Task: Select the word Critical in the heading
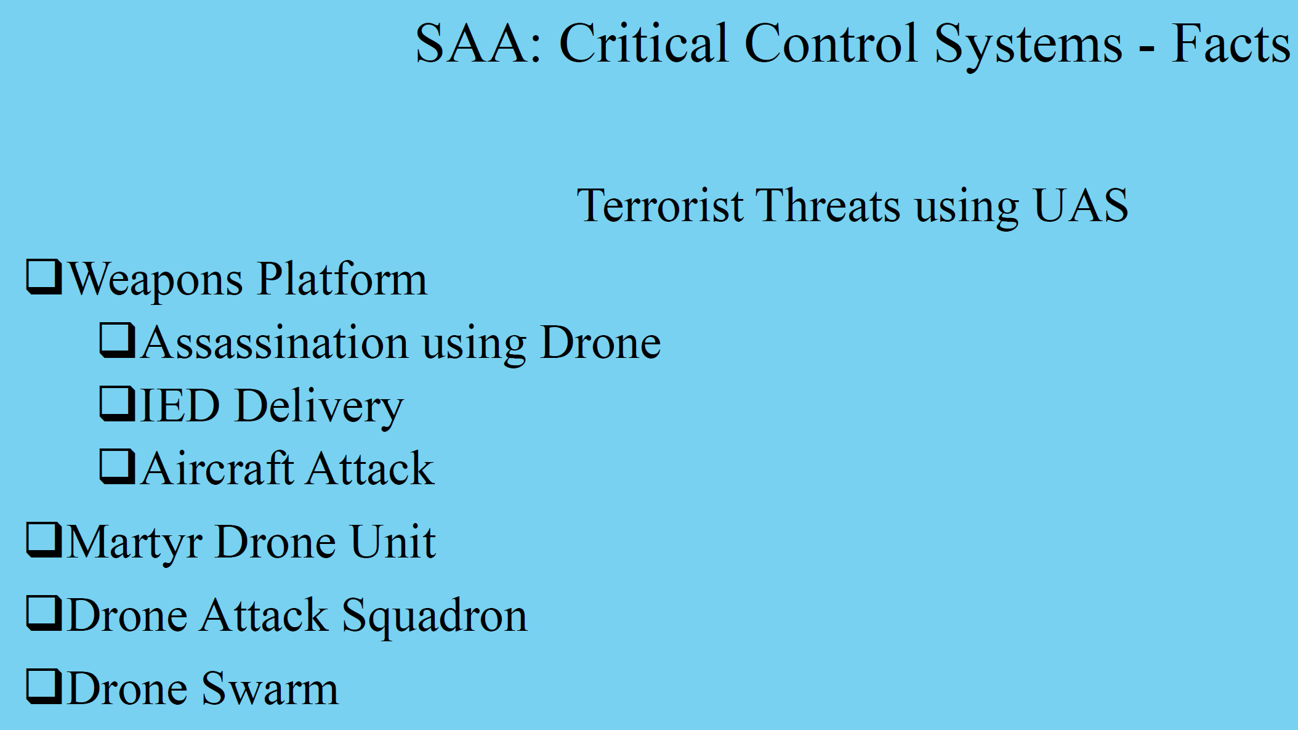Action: [643, 44]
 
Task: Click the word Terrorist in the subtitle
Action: [659, 206]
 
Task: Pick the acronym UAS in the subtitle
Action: [1081, 206]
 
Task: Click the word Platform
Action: [342, 280]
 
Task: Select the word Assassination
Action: [275, 343]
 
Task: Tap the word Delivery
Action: [319, 407]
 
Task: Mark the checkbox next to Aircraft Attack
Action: [117, 466]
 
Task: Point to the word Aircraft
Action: [217, 469]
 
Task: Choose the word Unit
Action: [393, 542]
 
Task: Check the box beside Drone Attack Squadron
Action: [43, 614]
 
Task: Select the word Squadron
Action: [434, 617]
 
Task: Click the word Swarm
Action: [270, 689]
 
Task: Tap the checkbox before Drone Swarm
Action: [43, 686]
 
